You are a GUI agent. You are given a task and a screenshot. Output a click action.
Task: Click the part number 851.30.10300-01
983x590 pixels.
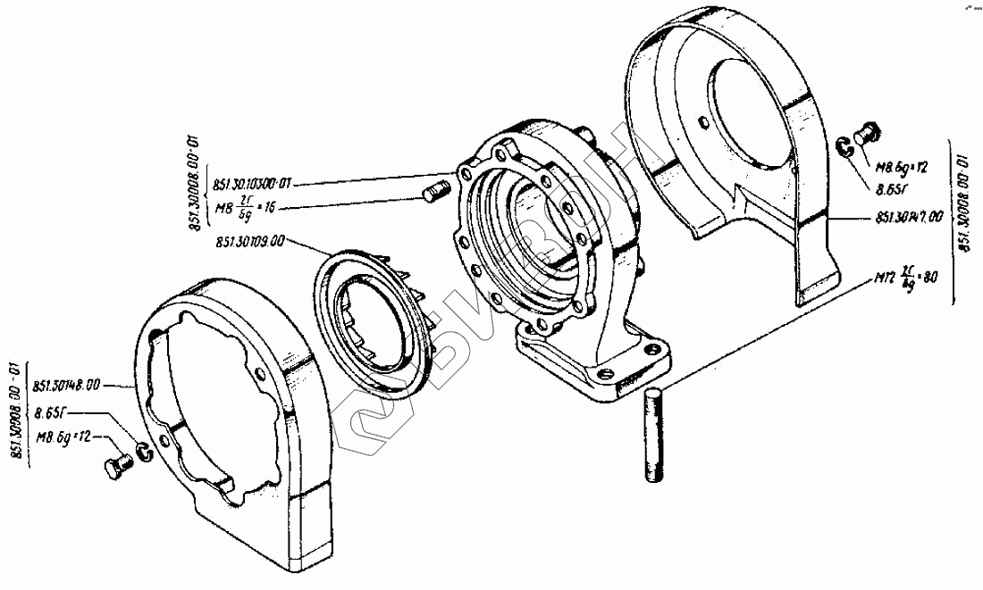tap(254, 185)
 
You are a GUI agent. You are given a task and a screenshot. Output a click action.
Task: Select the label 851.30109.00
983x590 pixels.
tap(250, 241)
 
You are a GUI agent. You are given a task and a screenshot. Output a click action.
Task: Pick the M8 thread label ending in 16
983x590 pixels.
tap(249, 206)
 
